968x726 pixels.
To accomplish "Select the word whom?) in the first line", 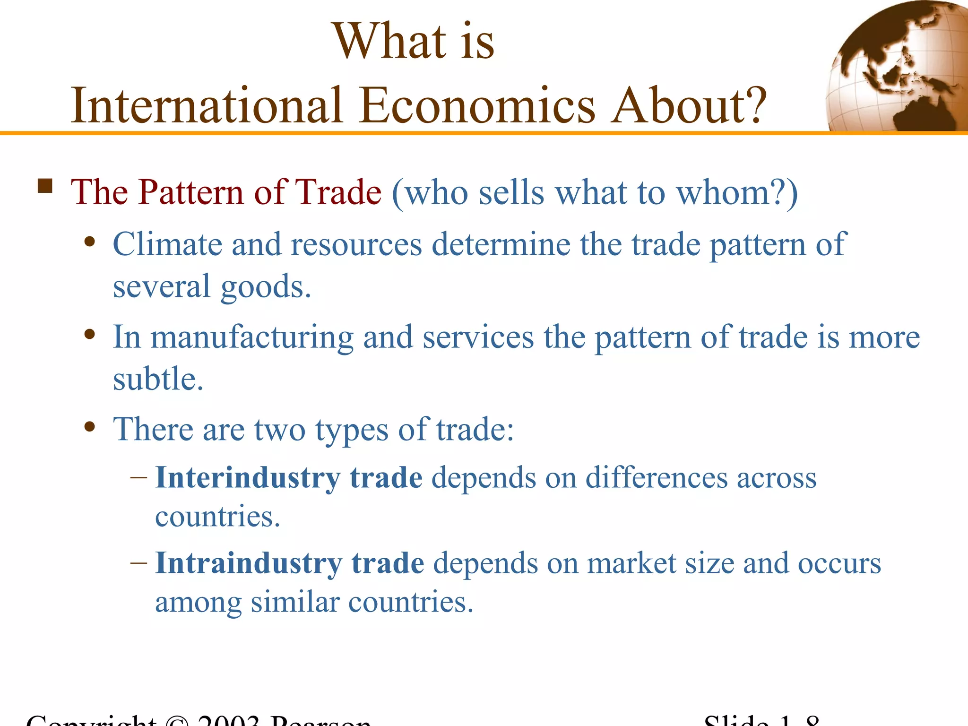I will pos(737,192).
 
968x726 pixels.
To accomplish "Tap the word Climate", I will pos(167,244).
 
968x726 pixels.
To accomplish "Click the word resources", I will pos(356,244).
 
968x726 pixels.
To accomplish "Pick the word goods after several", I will pos(266,287).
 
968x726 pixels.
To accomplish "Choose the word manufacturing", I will pos(252,337).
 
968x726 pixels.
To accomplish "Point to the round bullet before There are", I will pos(89,427).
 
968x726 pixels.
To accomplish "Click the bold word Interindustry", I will pos(248,477).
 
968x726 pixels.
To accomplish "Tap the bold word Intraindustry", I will pos(249,563).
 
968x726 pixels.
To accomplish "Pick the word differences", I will pos(657,477).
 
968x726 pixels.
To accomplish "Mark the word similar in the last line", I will pos(294,603).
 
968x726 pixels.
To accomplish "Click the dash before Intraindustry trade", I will pos(138,563).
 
